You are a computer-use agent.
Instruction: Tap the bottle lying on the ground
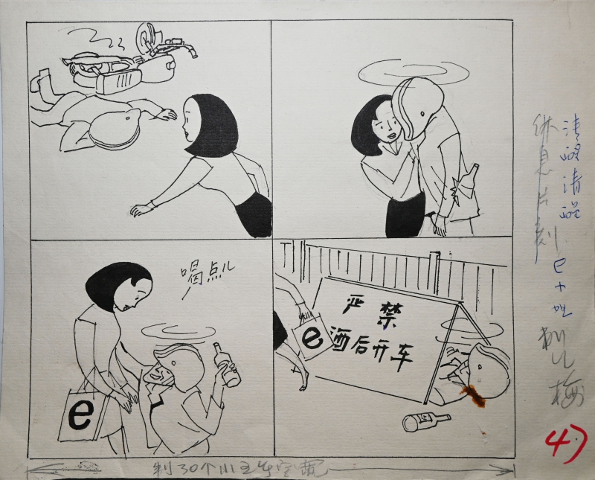(425, 422)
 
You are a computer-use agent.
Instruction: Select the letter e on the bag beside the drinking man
(78, 415)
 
